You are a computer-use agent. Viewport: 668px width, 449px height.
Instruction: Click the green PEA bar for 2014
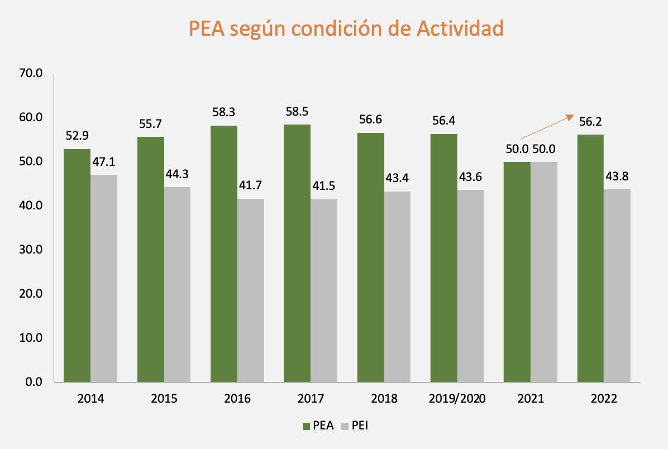(x=77, y=265)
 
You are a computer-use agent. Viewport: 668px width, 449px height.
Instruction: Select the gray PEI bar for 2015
(x=177, y=284)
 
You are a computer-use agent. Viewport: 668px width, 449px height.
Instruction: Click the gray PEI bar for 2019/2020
(x=470, y=286)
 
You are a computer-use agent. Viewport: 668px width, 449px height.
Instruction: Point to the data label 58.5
(x=297, y=112)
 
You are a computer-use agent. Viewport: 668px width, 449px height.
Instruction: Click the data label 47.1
(x=104, y=163)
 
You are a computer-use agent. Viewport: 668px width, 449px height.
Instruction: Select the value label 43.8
(x=617, y=177)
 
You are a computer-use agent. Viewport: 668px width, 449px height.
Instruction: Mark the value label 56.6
(x=370, y=120)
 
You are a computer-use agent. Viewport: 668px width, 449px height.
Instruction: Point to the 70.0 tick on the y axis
(x=31, y=74)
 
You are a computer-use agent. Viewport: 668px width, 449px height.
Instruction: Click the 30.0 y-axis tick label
(x=31, y=250)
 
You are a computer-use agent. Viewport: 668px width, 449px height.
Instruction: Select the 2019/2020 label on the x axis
(x=457, y=399)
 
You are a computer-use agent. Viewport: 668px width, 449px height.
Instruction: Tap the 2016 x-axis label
(x=237, y=399)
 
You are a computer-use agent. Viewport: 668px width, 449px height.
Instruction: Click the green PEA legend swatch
(x=307, y=426)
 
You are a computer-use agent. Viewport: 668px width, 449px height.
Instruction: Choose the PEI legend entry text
(x=360, y=426)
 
